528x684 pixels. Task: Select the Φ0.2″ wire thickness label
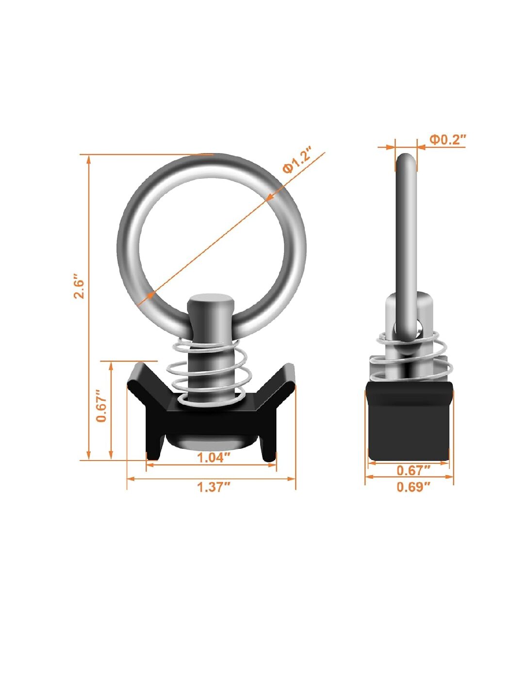point(447,139)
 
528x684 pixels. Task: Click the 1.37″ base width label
point(214,487)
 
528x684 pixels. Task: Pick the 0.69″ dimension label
point(413,487)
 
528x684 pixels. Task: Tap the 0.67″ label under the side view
point(413,470)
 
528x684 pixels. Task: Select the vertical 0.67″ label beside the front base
point(102,406)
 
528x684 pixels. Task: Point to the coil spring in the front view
point(208,372)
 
